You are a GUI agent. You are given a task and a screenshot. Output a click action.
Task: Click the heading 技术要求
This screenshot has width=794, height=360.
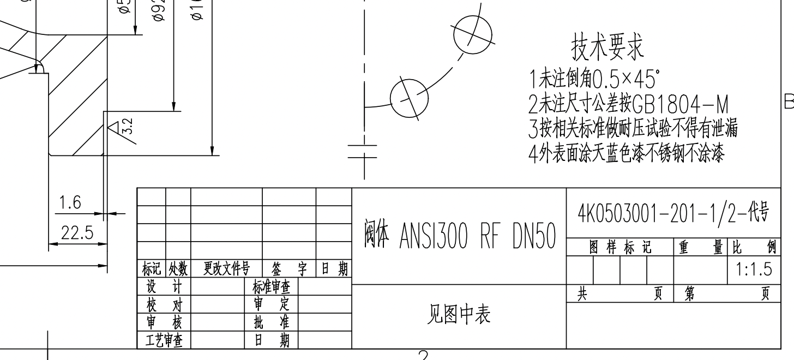[x=607, y=48]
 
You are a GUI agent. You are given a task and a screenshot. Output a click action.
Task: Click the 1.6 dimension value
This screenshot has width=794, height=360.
[x=70, y=204]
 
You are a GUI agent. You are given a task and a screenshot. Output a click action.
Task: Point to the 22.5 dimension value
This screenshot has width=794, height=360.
[x=76, y=233]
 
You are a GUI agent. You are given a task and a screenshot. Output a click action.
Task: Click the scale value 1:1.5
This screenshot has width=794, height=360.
[x=753, y=269]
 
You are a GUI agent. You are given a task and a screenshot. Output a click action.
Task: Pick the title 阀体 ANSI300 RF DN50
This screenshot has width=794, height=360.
[x=459, y=236]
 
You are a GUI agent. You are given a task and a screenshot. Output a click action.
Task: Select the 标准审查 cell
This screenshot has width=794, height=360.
[x=271, y=286]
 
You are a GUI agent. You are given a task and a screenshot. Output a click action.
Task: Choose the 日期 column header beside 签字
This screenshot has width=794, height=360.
[x=334, y=269]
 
